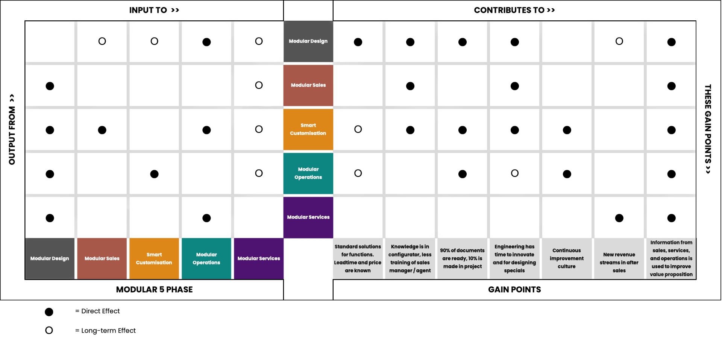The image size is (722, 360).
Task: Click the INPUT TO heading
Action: coord(154,10)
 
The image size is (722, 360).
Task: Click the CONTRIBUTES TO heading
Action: coord(514,10)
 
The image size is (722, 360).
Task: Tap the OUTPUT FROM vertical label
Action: coord(12,129)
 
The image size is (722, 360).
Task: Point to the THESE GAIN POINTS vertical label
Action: coord(708,129)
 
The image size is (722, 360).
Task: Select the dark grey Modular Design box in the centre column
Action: coord(308,41)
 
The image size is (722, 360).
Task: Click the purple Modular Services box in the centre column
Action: coord(308,217)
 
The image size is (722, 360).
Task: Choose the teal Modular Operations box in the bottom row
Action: coord(206,258)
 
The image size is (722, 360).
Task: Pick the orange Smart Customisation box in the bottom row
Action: coord(154,258)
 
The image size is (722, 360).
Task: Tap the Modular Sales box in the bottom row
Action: coord(102,258)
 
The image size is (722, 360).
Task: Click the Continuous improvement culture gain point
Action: coord(567,258)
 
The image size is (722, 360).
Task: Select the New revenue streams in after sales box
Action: coord(619,258)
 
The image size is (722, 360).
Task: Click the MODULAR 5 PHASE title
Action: coord(154,290)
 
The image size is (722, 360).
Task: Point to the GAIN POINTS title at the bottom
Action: coord(514,290)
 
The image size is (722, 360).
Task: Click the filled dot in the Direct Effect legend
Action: coord(49,312)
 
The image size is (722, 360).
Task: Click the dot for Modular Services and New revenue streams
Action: coord(619,218)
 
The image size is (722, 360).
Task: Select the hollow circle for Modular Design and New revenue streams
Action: coord(619,38)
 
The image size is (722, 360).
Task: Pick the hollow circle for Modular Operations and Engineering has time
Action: coord(515,170)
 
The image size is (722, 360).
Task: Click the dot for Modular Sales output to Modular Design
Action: coord(50,86)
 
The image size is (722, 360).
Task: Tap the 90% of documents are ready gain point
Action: coord(462,258)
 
